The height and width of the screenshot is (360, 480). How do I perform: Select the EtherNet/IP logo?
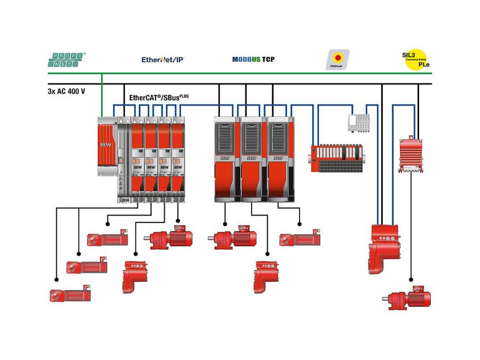(163, 60)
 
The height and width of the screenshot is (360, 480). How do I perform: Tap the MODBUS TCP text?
(253, 60)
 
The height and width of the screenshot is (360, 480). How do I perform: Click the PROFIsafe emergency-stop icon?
(337, 60)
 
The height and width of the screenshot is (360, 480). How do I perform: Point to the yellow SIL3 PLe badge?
(415, 60)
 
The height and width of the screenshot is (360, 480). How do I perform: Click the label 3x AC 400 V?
(67, 91)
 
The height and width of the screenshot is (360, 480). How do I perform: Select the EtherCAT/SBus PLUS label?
(159, 97)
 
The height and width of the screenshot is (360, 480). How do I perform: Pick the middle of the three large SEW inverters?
(254, 159)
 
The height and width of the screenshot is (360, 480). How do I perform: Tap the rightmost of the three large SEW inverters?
(280, 159)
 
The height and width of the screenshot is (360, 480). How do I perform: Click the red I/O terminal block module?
(337, 158)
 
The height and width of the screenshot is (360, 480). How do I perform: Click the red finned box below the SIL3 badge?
(411, 155)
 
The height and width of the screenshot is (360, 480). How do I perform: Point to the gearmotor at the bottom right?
(410, 298)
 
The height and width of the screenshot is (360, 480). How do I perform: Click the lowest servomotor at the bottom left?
(70, 294)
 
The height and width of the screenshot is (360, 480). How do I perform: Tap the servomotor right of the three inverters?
(300, 239)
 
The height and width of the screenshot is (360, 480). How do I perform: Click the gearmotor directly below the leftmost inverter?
(232, 238)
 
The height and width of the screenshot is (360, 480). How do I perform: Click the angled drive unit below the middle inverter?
(266, 277)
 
